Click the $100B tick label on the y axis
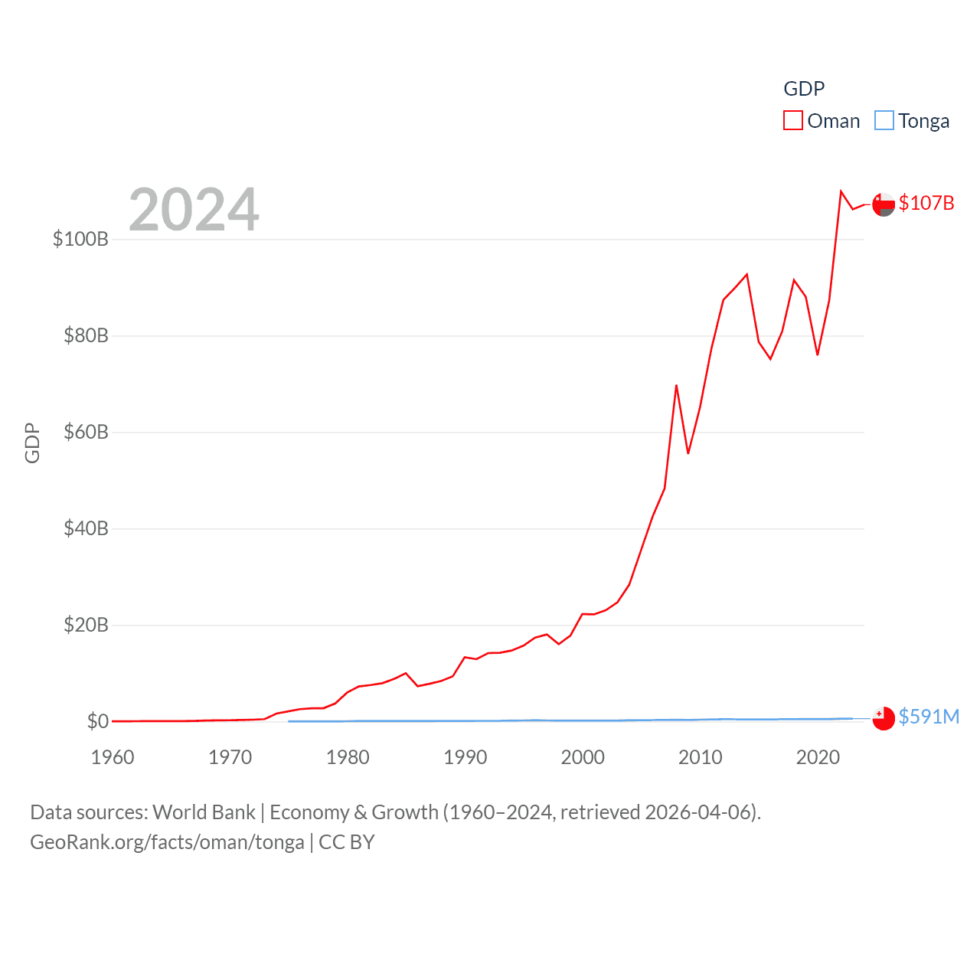80,239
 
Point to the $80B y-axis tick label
86,335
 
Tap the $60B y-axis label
86,432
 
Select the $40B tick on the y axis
86,528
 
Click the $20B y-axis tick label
86,625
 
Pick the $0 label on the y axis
98,721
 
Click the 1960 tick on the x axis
113,757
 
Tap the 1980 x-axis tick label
348,757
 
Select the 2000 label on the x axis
583,757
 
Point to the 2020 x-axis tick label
818,757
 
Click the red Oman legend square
793,121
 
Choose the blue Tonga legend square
884,121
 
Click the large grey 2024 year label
194,210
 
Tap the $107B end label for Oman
926,203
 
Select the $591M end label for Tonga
929,717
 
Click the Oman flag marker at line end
884,204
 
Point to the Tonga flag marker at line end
884,718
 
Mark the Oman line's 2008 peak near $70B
676,386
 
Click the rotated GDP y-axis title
32,443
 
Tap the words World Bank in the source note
204,812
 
